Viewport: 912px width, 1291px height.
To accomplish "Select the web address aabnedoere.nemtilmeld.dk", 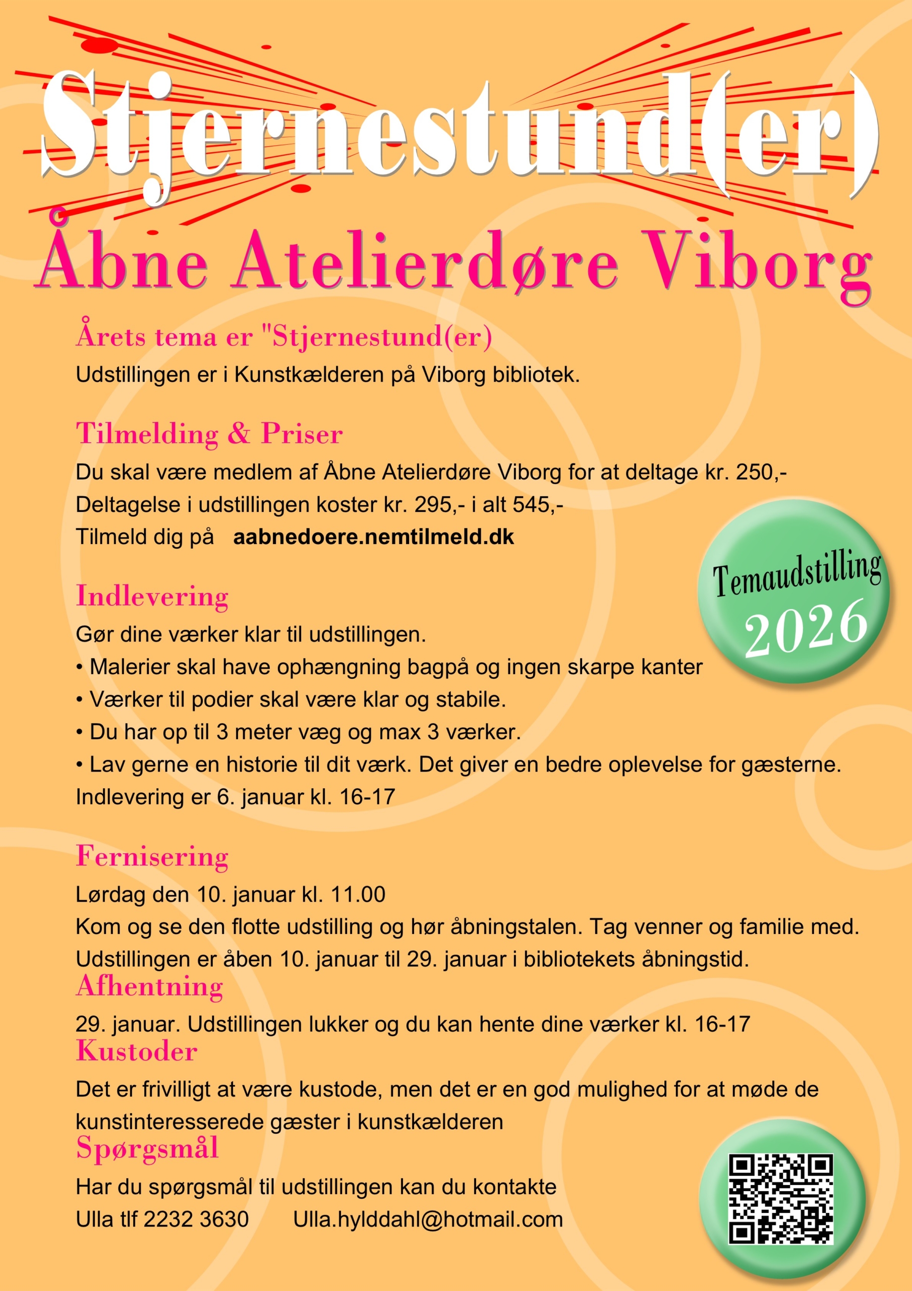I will click(373, 537).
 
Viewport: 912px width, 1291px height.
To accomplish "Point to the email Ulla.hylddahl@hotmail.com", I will click(428, 1219).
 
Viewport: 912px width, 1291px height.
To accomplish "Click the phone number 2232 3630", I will click(196, 1219).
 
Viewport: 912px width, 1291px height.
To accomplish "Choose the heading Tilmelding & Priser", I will click(209, 434).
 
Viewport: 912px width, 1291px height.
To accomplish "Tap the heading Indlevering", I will click(152, 596).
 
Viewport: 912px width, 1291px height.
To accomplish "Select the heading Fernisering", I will click(152, 856).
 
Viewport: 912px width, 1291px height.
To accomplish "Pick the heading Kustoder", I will click(137, 1051).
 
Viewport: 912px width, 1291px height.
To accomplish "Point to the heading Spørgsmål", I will click(147, 1148).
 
